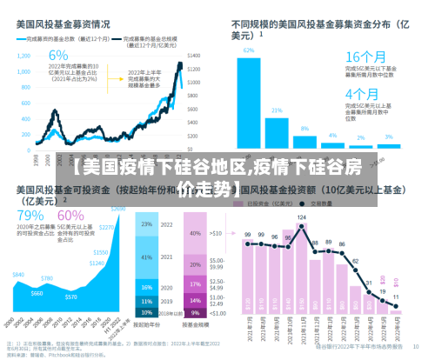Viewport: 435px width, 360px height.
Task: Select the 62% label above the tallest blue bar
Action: tap(249, 50)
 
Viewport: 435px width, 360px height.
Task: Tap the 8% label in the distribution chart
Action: tap(304, 128)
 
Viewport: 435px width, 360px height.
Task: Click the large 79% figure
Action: tap(30, 215)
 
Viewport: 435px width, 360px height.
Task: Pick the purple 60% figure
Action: tap(71, 215)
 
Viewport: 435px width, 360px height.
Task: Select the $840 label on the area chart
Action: tap(17, 274)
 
